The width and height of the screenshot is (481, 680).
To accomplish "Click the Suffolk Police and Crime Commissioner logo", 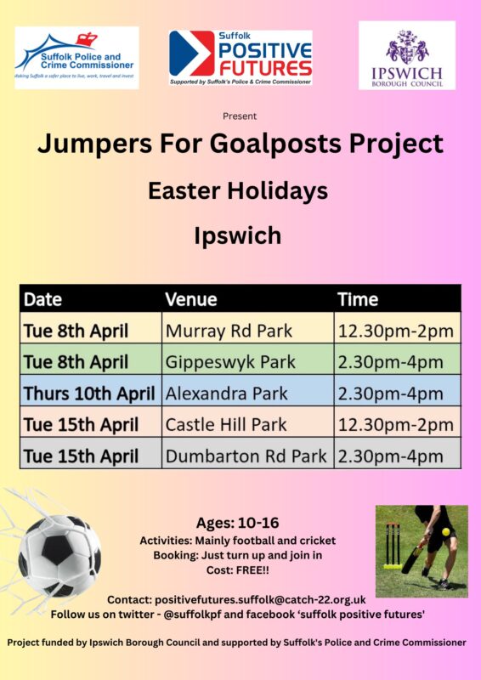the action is pos(76,58).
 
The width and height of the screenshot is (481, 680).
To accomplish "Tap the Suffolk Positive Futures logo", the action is pos(240,58).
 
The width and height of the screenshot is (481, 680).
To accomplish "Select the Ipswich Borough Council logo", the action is pos(407,55).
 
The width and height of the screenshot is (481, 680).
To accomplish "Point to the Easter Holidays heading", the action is pos(238,190).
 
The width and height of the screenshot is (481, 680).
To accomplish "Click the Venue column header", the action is pos(191,299).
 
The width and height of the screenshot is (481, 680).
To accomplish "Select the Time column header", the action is pos(358,299).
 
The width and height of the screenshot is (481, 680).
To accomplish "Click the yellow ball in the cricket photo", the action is pos(445,532).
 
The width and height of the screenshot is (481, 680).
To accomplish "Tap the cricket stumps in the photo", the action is pos(393,546).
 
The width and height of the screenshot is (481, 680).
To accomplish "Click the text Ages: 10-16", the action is pos(238,523).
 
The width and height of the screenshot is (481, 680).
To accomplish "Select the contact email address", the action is pos(260,600).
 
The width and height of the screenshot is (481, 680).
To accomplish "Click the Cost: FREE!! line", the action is pos(238,570).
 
